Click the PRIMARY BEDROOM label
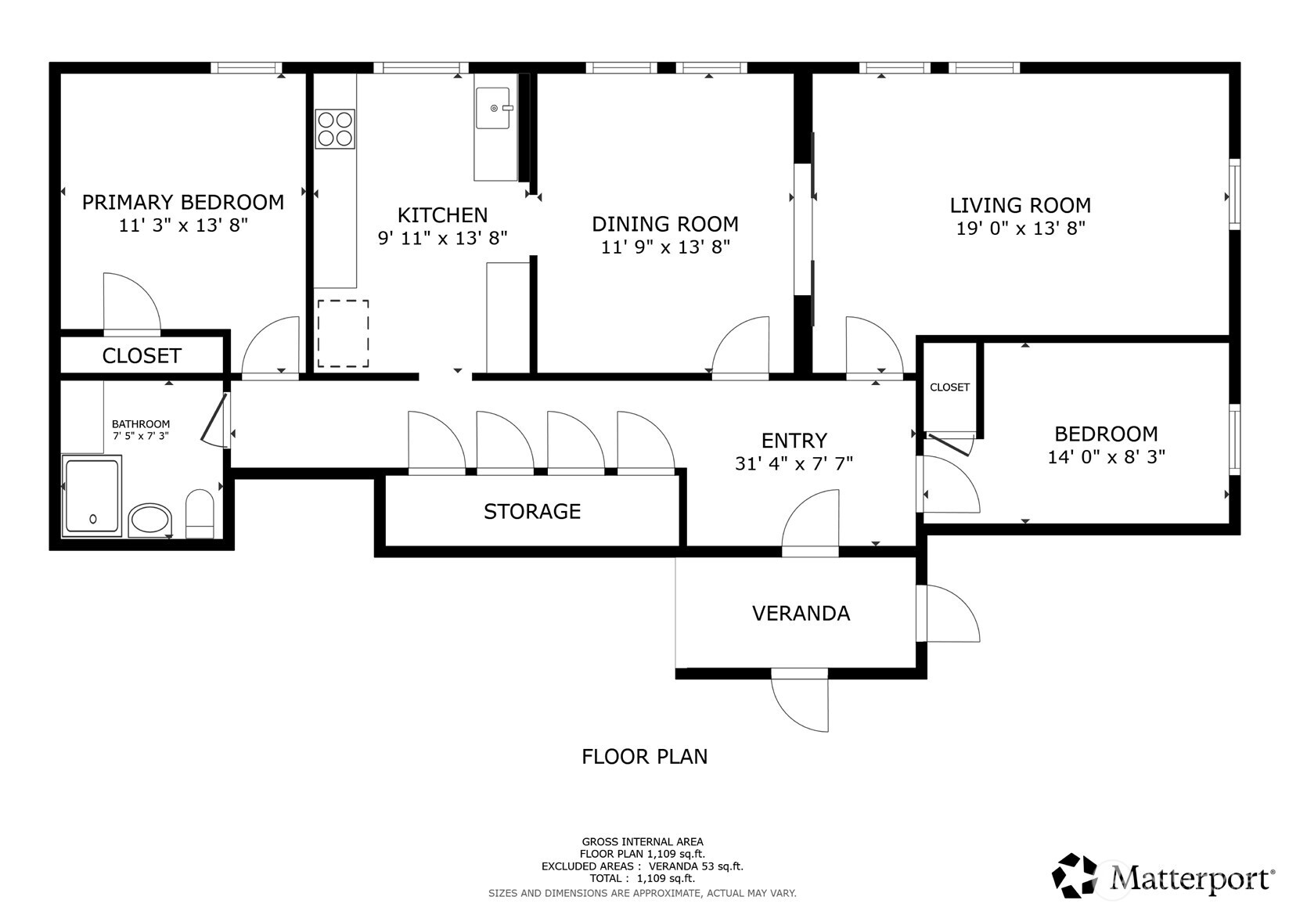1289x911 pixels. coord(183,202)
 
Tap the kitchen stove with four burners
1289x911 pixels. coord(335,129)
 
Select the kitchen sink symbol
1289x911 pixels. coord(493,108)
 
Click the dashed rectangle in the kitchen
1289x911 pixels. coord(343,333)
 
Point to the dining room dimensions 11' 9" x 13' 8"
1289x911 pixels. coord(665,247)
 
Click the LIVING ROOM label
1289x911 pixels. coord(1020,205)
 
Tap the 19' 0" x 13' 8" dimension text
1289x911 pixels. coord(1020,229)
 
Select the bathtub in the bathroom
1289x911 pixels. coord(92,496)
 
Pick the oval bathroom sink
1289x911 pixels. coord(149,519)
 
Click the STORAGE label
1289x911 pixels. coord(532,511)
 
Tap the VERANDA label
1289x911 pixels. coord(801,613)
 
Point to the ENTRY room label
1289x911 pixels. coord(794,440)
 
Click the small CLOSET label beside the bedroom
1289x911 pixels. coord(949,387)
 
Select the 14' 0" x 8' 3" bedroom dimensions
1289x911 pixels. coord(1106,456)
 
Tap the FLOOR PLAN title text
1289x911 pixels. coord(644,756)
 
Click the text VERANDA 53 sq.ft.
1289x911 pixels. coord(696,866)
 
